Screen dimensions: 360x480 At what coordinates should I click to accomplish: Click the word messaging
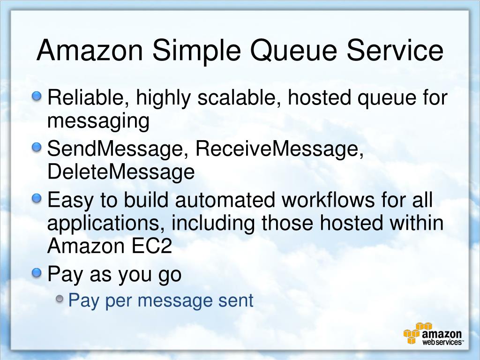tap(98, 122)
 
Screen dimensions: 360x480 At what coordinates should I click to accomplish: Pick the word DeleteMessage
tap(120, 172)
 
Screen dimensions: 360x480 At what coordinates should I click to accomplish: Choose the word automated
tap(225, 200)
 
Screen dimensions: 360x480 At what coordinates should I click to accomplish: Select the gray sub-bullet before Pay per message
tap(60, 299)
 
